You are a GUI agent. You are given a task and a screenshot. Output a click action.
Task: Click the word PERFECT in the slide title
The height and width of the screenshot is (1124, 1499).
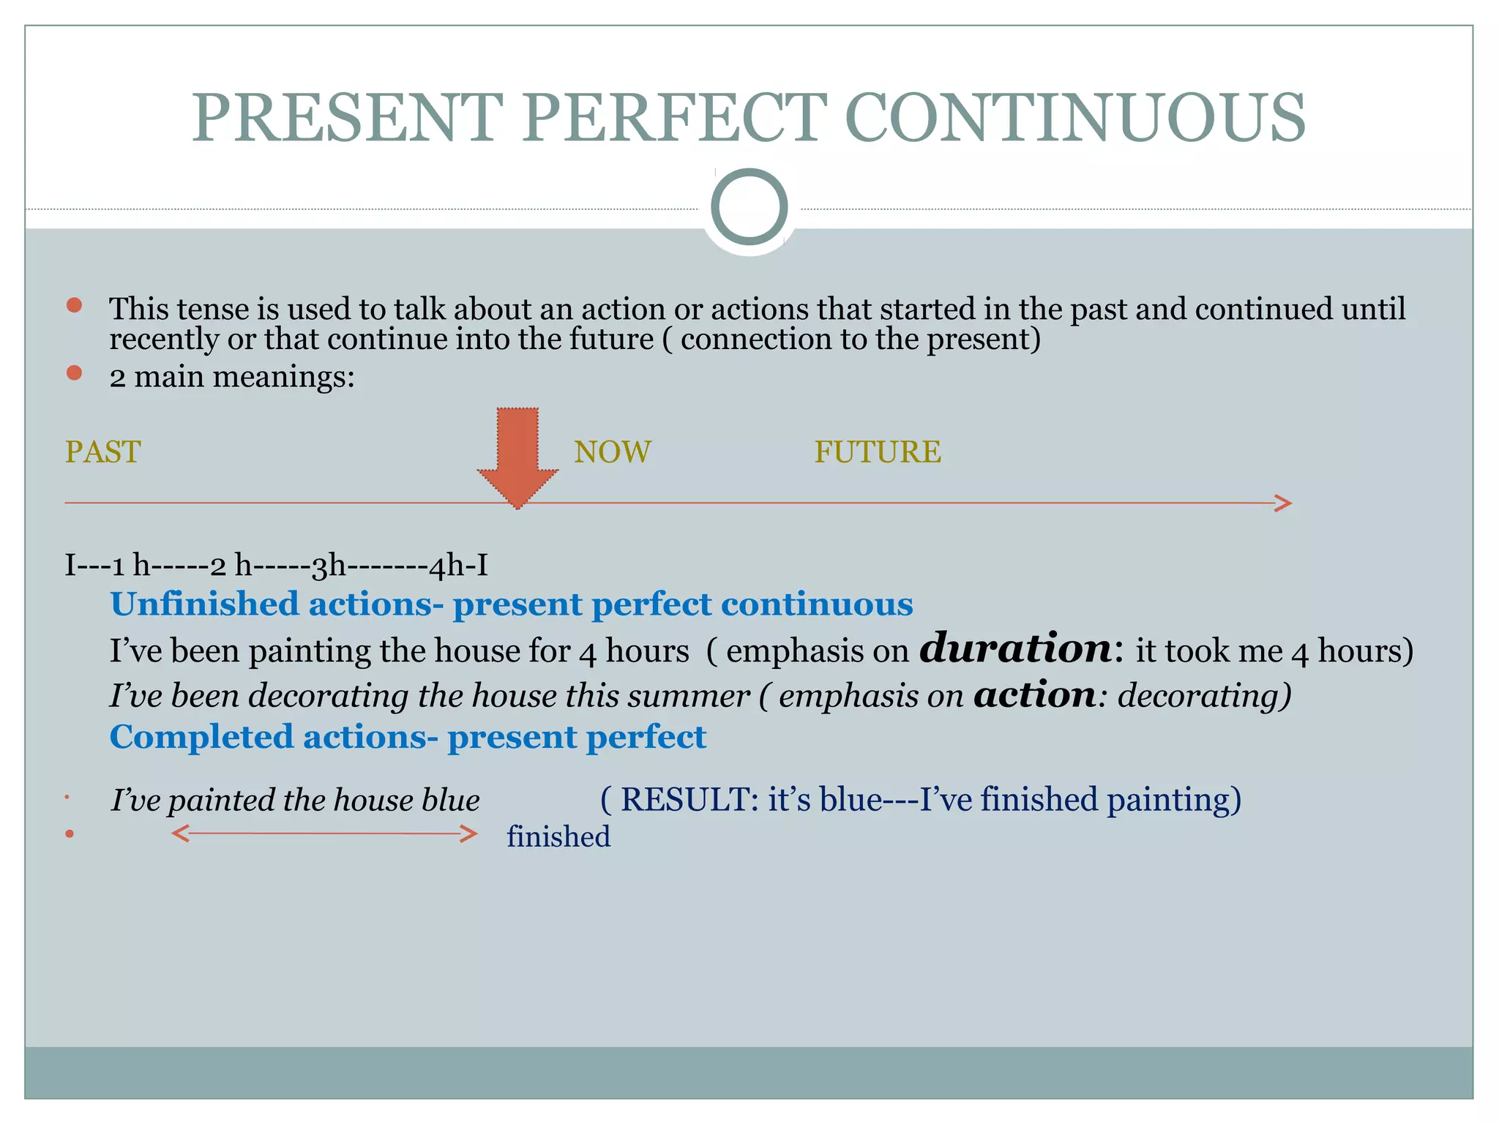[x=673, y=118]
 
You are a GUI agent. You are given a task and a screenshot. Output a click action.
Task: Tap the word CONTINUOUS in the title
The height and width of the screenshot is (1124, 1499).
[x=1074, y=118]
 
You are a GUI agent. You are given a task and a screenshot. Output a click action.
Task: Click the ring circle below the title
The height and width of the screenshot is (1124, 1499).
[x=749, y=207]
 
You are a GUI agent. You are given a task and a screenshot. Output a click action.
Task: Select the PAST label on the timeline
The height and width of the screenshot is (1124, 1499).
[x=102, y=452]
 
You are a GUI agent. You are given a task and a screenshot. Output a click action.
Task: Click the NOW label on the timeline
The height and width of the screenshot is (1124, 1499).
[x=612, y=452]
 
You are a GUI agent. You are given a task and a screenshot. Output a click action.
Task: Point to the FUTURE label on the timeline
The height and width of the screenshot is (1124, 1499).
[x=877, y=452]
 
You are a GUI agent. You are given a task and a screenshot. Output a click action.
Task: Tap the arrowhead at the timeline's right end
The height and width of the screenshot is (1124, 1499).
[x=1283, y=503]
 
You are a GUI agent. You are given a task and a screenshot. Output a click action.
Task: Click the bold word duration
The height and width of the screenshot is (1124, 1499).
[x=1016, y=648]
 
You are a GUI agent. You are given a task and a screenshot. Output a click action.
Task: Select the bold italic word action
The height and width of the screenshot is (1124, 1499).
[x=1034, y=694]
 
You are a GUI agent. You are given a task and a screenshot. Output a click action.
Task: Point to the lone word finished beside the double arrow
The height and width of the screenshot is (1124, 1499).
[x=558, y=836]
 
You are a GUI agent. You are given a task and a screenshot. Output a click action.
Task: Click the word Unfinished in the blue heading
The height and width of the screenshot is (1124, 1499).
[x=204, y=604]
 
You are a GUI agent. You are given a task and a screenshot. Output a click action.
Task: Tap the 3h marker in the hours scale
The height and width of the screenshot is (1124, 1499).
[x=329, y=566]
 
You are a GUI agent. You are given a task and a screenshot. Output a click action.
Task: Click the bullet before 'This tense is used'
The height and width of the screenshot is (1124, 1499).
[x=74, y=305]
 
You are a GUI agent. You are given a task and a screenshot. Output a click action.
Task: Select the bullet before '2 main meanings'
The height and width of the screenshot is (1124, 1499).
[x=74, y=373]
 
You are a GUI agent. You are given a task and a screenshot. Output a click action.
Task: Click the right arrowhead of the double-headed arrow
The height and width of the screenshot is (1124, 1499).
[x=468, y=833]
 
